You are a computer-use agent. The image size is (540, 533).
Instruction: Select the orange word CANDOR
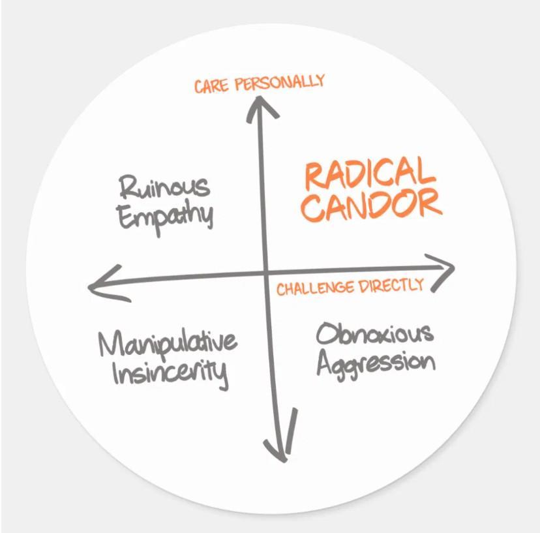click(372, 204)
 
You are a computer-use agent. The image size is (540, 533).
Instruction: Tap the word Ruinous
click(165, 187)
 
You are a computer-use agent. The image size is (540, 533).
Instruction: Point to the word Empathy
click(166, 216)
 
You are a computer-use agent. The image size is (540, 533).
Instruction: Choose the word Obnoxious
click(374, 333)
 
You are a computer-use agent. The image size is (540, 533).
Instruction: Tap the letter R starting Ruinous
click(127, 188)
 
